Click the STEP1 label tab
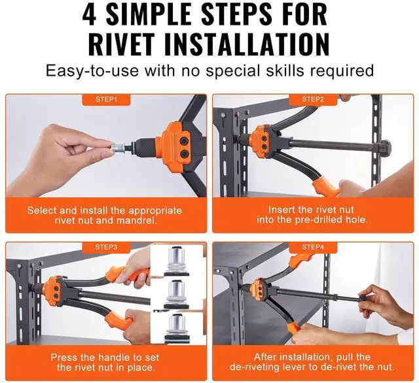tap(106, 99)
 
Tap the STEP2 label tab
tap(313, 99)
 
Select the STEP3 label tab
tap(106, 247)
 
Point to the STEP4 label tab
tap(313, 247)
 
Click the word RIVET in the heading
tap(122, 44)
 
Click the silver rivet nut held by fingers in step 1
tap(117, 148)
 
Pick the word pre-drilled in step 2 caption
tap(319, 220)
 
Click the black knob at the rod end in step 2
tap(386, 146)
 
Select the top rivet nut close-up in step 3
tap(176, 261)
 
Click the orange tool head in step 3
tap(52, 290)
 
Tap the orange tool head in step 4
tap(259, 288)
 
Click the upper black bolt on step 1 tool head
tap(184, 142)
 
